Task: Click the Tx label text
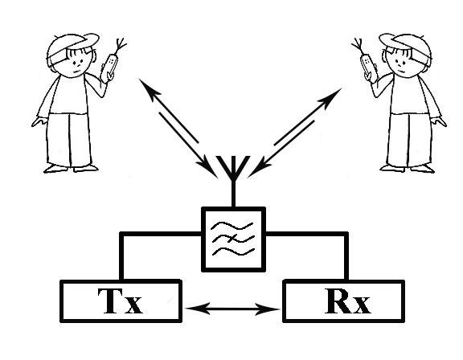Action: click(x=121, y=301)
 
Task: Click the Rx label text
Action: click(x=347, y=301)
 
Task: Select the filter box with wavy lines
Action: click(x=233, y=239)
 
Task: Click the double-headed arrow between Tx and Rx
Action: click(x=233, y=309)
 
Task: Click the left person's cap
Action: click(x=72, y=47)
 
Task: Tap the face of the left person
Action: click(x=77, y=63)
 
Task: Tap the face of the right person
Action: click(x=400, y=63)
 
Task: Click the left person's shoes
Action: click(x=71, y=168)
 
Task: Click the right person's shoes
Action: click(x=407, y=168)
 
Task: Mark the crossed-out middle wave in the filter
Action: click(x=232, y=238)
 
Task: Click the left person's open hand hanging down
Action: click(x=39, y=121)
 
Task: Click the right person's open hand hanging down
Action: click(x=439, y=121)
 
